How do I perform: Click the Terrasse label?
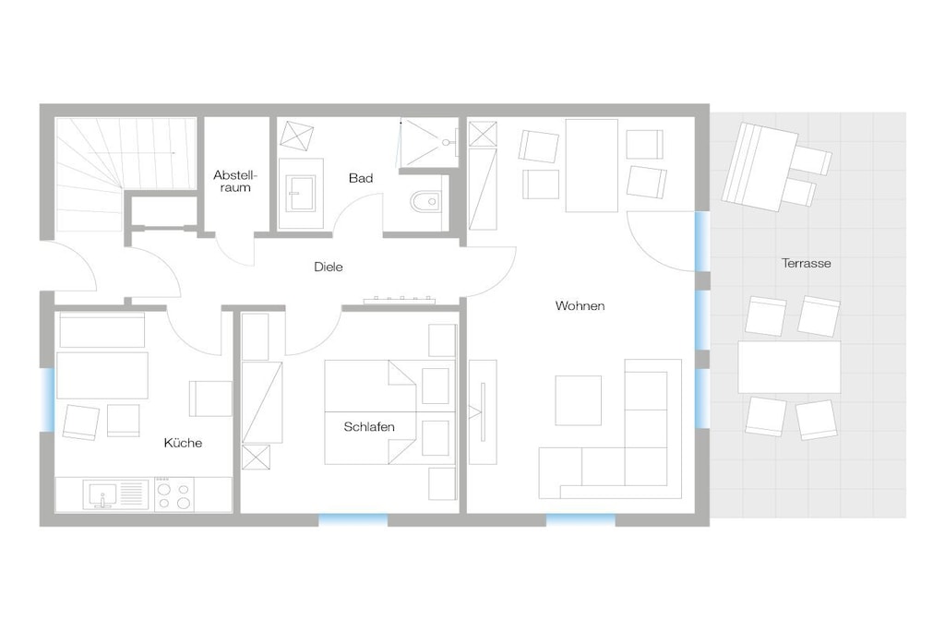pyautogui.click(x=806, y=263)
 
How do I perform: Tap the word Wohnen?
pyautogui.click(x=580, y=306)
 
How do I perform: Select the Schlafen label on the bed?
pyautogui.click(x=369, y=427)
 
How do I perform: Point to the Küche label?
pyautogui.click(x=183, y=444)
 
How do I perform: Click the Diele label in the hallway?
pyautogui.click(x=329, y=267)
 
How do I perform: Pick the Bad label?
pyautogui.click(x=361, y=178)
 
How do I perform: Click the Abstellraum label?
pyautogui.click(x=234, y=182)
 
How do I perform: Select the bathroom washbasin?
pyautogui.click(x=301, y=194)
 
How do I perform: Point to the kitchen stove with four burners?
pyautogui.click(x=173, y=494)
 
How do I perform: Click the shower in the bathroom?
pyautogui.click(x=429, y=143)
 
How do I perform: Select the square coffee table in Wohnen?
pyautogui.click(x=578, y=400)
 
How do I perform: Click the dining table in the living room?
pyautogui.click(x=592, y=165)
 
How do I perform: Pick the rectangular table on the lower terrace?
pyautogui.click(x=789, y=367)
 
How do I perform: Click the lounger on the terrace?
pyautogui.click(x=760, y=167)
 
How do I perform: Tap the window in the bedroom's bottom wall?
pyautogui.click(x=353, y=520)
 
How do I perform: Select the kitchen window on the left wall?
pyautogui.click(x=47, y=399)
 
